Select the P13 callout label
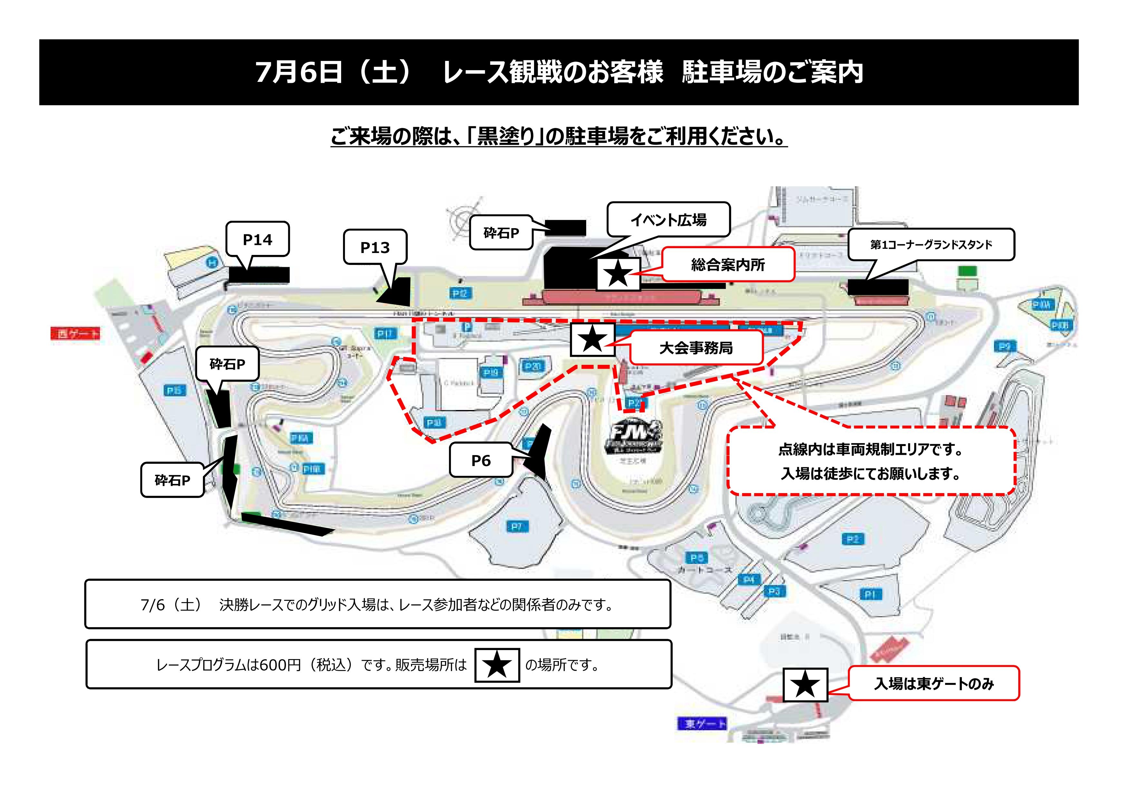click(x=375, y=247)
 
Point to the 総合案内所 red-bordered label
click(x=728, y=265)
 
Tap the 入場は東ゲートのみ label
click(x=934, y=683)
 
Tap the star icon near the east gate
click(x=805, y=684)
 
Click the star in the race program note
click(x=497, y=665)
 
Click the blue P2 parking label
click(x=852, y=540)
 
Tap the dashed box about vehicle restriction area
click(x=871, y=461)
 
